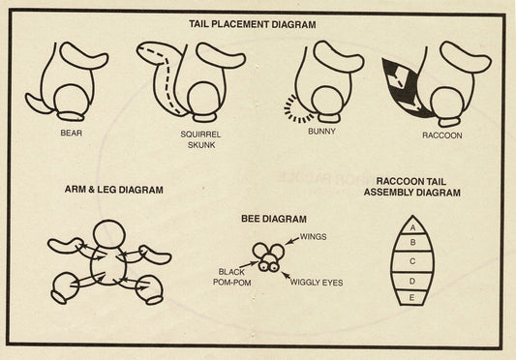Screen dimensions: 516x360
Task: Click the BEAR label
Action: coord(71,133)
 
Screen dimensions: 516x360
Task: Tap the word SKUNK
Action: coord(201,145)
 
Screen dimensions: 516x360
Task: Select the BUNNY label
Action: coord(321,131)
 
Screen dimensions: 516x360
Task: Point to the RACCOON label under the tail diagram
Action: coord(442,135)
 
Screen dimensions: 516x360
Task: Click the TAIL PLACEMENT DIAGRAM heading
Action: coord(253,24)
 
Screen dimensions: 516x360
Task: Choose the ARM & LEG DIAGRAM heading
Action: coord(114,190)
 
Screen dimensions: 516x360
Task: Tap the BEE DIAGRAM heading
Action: coord(274,219)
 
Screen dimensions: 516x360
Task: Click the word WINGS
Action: coord(314,236)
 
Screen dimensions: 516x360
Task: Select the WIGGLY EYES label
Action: coord(317,283)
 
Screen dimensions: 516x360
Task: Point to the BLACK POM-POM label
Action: coord(231,277)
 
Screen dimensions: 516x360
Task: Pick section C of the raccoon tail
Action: coord(412,261)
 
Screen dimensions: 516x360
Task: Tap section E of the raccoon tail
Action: coord(411,298)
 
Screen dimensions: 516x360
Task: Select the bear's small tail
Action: coord(37,104)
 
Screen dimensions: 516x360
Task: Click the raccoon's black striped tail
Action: coord(405,88)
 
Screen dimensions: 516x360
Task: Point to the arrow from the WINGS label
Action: coord(292,241)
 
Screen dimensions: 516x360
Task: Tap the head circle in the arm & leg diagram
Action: coord(109,234)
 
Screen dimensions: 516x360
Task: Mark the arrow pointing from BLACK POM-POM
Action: coord(249,264)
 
